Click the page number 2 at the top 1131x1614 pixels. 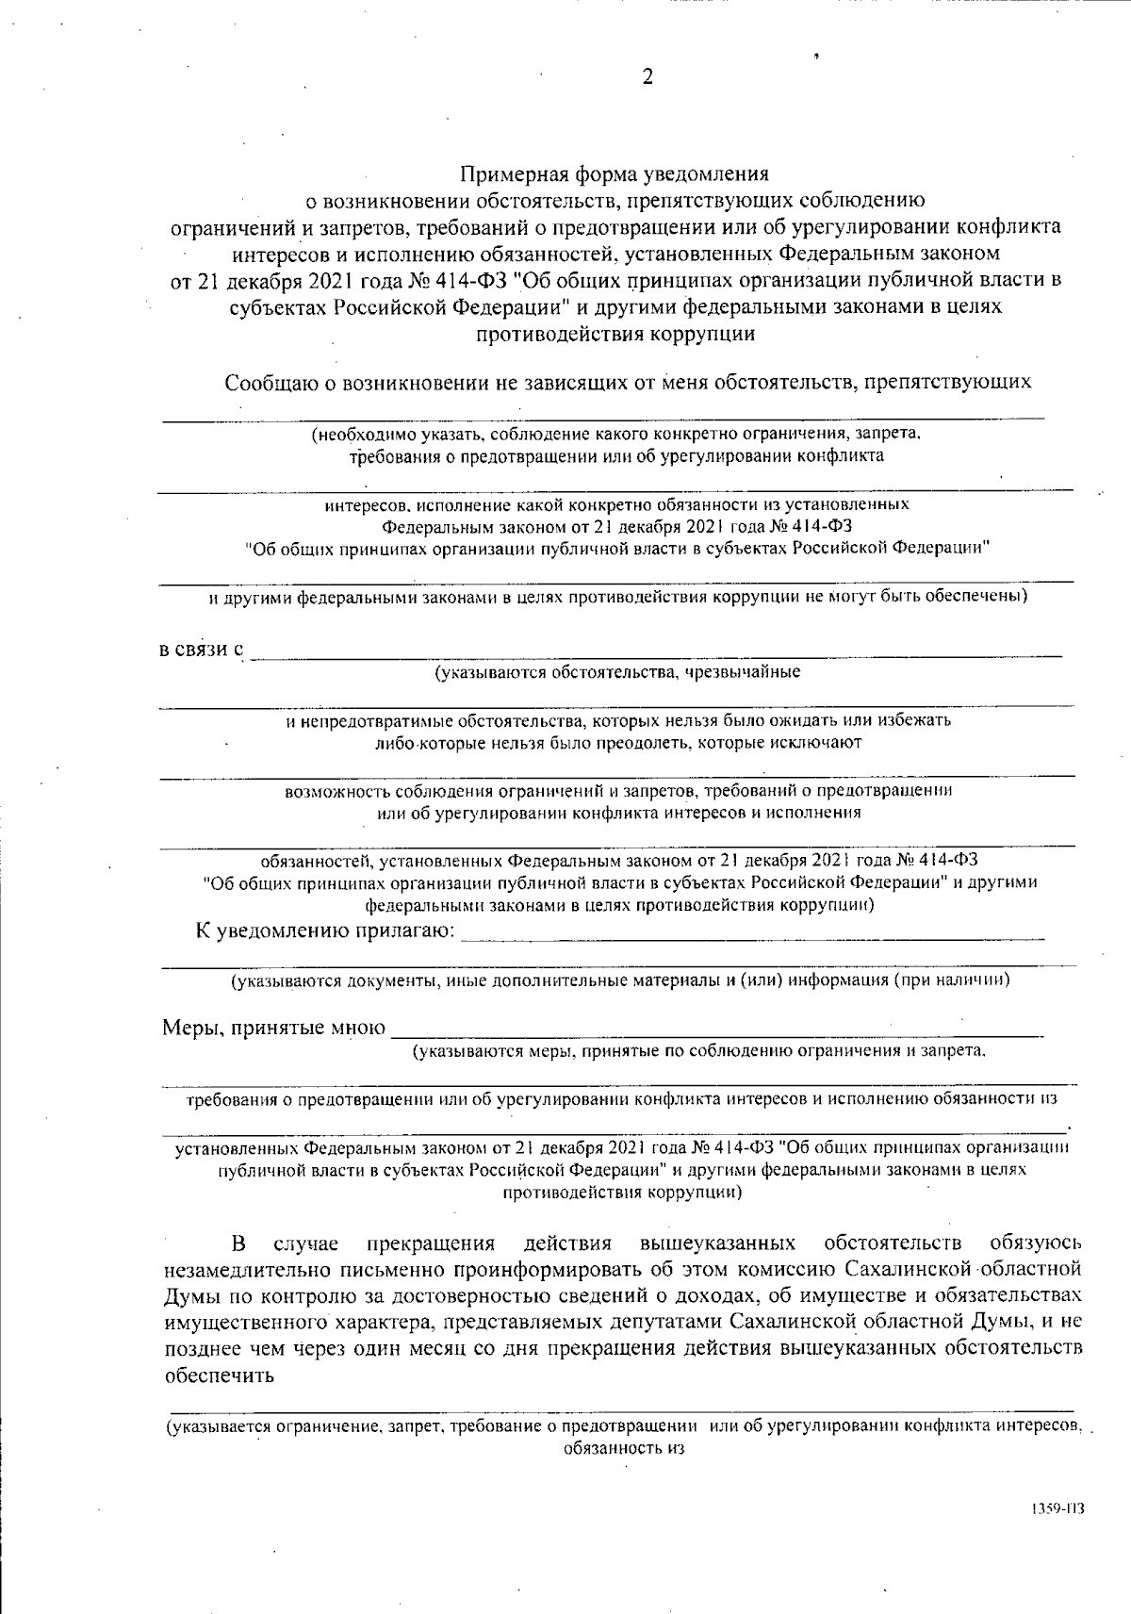click(647, 78)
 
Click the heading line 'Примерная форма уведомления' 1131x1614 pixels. click(615, 174)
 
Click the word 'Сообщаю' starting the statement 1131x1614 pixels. click(261, 383)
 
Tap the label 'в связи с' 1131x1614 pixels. click(201, 651)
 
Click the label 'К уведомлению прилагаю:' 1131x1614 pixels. click(326, 932)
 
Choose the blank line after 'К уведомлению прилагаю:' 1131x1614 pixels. click(754, 937)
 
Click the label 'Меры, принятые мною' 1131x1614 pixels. click(273, 1028)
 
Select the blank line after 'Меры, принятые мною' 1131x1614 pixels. click(716, 1033)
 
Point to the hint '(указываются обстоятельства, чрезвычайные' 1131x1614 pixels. click(617, 672)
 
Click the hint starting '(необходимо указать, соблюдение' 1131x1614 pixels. click(617, 435)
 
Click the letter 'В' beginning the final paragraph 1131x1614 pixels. click(239, 1242)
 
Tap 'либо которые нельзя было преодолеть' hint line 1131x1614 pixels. click(617, 742)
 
